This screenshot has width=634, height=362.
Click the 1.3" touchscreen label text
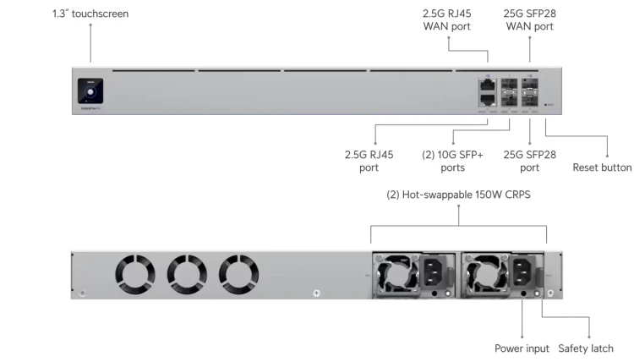coord(90,14)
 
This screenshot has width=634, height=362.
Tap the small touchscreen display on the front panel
coord(90,90)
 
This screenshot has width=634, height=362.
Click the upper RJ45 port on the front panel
coord(488,85)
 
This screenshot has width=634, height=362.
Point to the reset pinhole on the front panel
coord(545,105)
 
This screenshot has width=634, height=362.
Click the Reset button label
coord(602,167)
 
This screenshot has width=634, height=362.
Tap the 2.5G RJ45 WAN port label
coord(446,20)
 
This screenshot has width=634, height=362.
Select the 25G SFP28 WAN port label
coord(530,20)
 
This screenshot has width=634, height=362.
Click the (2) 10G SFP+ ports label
coord(452,161)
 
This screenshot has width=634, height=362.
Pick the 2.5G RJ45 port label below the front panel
coord(369,161)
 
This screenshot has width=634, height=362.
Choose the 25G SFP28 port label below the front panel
coord(530,161)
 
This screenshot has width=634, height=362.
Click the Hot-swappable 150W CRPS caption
coord(459,195)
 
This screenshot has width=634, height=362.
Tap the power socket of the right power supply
coord(523,273)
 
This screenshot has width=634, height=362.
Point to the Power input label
coord(522,348)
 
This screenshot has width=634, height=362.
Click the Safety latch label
coord(586,348)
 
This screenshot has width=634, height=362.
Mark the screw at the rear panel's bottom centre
coord(316,293)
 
